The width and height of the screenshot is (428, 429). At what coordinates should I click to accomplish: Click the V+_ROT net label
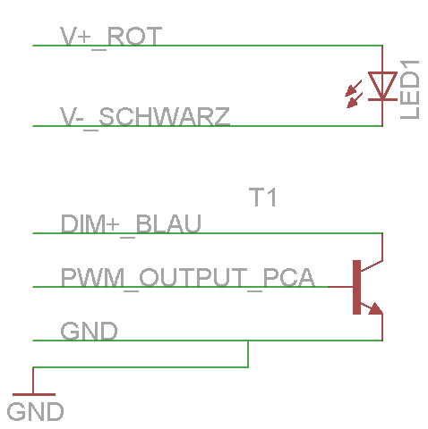point(111,38)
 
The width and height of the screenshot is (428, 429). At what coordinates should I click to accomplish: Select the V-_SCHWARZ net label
point(145,118)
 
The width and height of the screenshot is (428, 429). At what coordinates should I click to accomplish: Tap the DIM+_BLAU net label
point(131,225)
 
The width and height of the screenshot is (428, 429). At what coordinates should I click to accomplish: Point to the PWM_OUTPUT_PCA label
point(188,279)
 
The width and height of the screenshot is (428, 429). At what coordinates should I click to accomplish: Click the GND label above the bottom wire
point(89,331)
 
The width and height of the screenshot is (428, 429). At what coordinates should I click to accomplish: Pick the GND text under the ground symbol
point(35,411)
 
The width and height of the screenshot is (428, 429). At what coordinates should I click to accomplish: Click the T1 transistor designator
point(262,197)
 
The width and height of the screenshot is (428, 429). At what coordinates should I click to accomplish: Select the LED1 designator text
point(410,89)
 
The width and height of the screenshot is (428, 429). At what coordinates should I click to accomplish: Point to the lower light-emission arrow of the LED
point(355,100)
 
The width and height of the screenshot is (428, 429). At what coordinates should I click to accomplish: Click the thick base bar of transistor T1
point(356,287)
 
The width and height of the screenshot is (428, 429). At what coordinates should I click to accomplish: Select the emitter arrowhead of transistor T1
point(375,309)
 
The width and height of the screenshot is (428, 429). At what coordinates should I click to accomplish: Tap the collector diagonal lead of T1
point(372,265)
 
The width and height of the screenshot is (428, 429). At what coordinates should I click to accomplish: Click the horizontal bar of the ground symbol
point(34,394)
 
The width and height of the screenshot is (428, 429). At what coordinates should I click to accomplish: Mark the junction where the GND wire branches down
point(248,341)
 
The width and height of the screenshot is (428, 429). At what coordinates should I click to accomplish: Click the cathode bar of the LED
point(382,99)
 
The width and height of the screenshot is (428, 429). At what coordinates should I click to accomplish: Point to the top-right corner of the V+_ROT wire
point(382,46)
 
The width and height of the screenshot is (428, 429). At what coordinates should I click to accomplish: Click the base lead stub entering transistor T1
point(341,287)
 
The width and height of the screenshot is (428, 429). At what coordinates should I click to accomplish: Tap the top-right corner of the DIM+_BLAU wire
point(382,233)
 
